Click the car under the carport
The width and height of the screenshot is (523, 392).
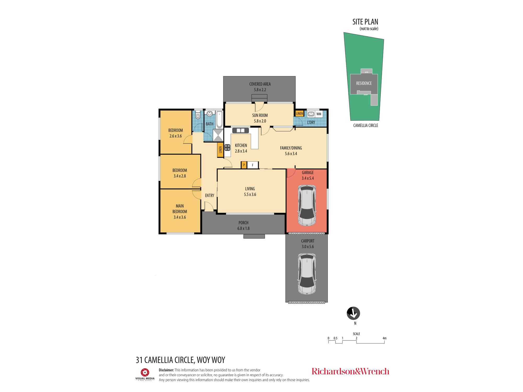[307, 274]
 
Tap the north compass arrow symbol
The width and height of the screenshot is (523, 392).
[353, 313]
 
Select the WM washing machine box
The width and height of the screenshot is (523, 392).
[319, 114]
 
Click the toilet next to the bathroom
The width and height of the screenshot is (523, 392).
[198, 115]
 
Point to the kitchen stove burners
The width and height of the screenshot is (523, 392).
[227, 148]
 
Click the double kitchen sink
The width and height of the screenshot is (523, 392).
[241, 130]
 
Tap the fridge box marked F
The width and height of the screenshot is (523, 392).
[253, 165]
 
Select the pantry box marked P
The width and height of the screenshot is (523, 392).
[244, 165]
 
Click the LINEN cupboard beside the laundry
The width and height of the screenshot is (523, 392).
[299, 113]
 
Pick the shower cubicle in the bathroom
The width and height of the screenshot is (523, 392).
[218, 135]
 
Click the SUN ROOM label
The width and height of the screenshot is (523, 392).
[260, 115]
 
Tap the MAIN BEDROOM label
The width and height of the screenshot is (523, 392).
[180, 209]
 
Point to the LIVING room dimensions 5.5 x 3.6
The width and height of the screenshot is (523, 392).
[250, 194]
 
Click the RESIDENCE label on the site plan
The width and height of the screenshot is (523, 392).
[364, 83]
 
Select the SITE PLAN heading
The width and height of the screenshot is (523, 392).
[365, 22]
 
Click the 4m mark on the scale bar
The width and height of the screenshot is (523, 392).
[384, 338]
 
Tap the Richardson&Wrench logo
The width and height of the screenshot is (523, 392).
[350, 371]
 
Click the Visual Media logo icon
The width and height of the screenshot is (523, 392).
[145, 372]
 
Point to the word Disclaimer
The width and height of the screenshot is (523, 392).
[166, 370]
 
